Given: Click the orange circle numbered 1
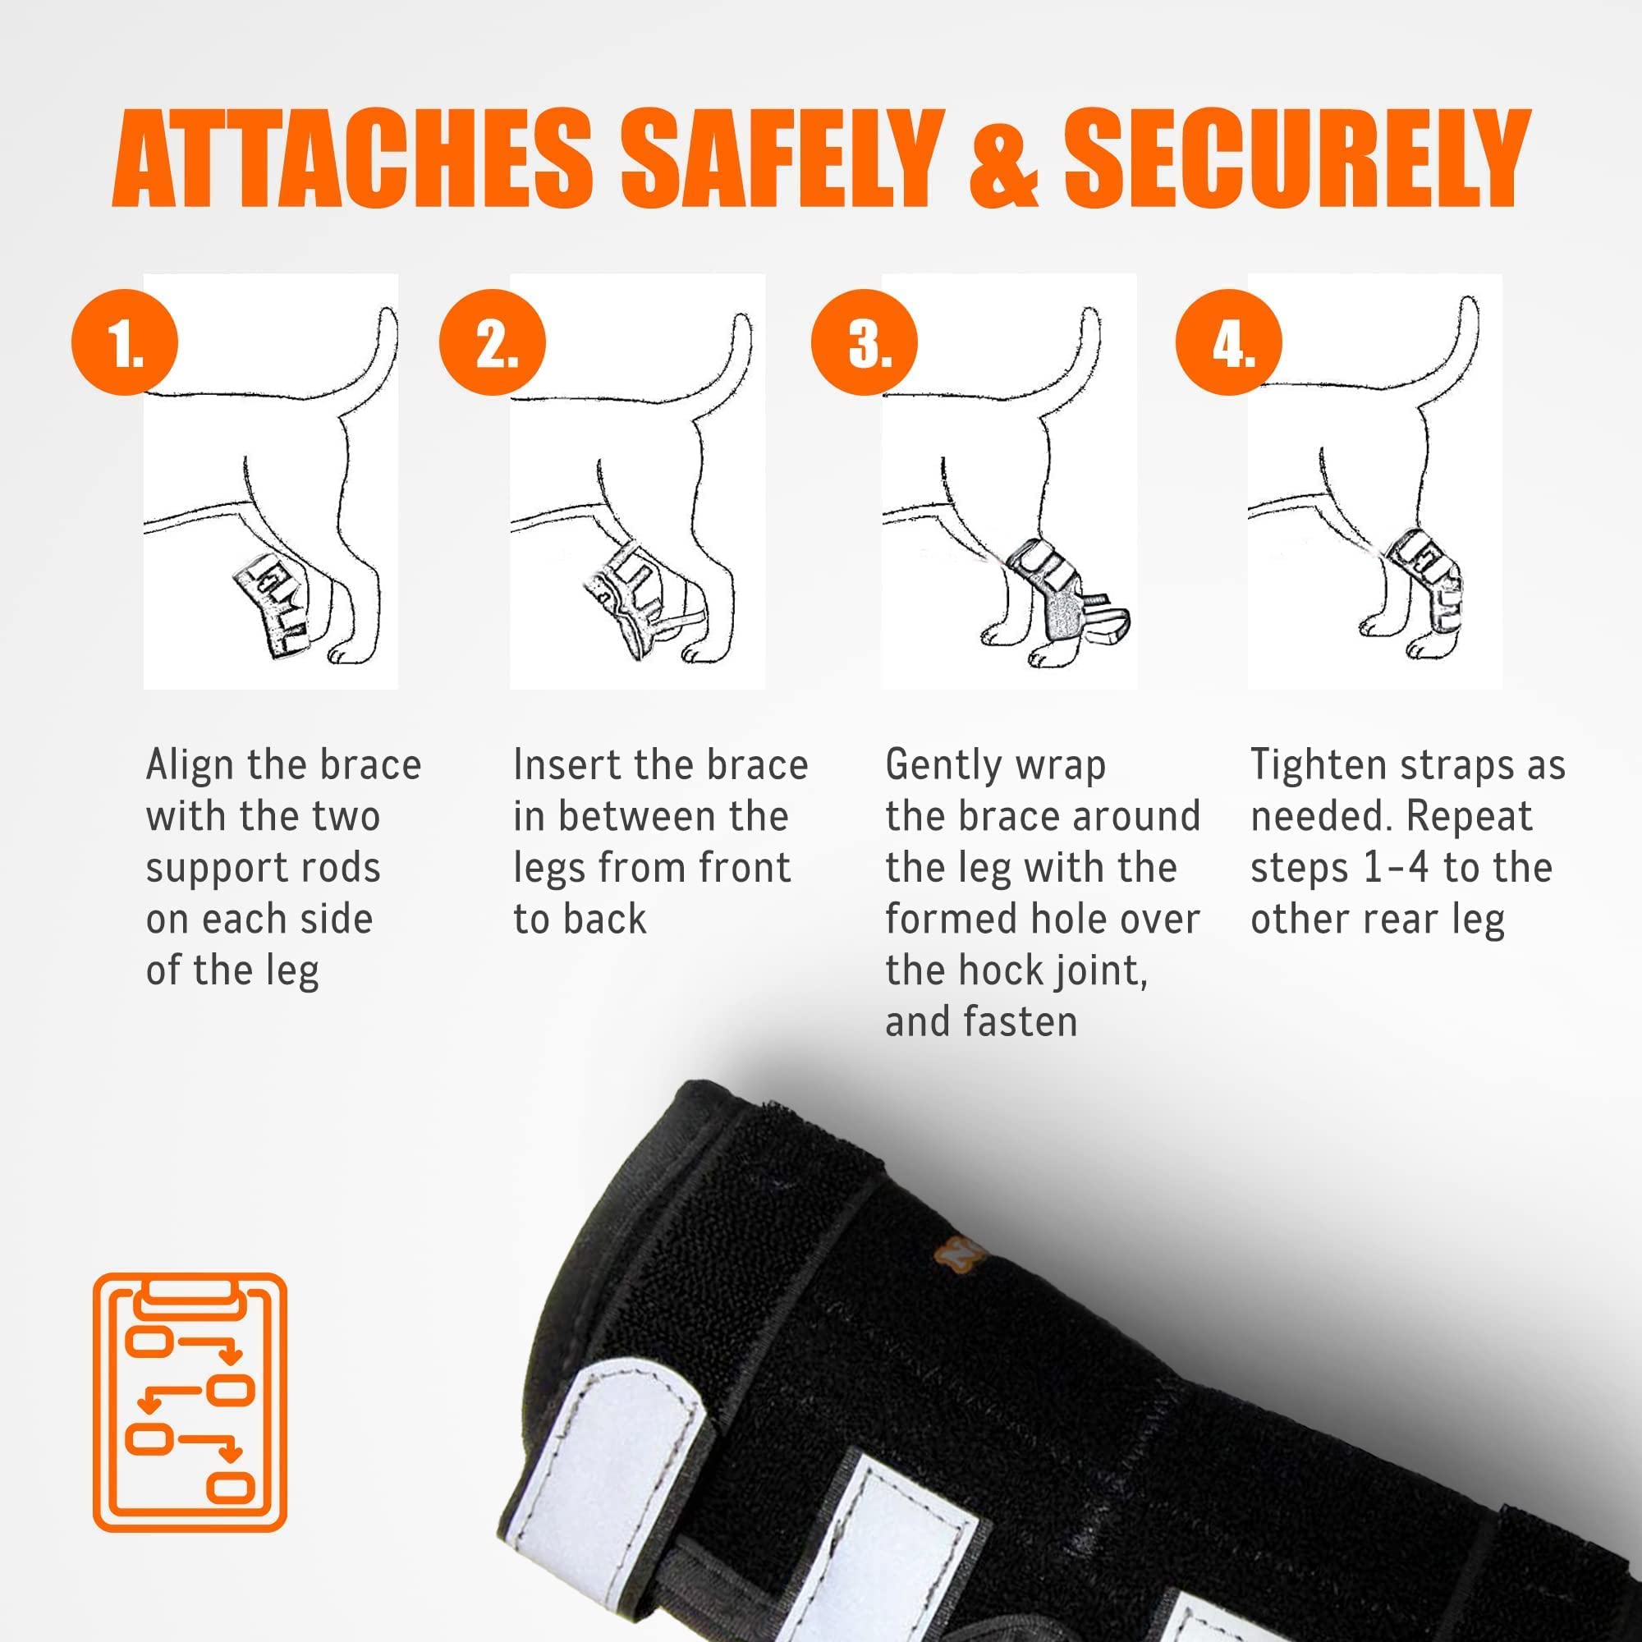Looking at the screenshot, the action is (x=125, y=342).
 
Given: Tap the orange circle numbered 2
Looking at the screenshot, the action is (x=492, y=342).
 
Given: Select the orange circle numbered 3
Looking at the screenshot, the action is (x=865, y=342).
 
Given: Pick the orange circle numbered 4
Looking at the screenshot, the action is (x=1229, y=342).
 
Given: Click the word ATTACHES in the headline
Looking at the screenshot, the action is (x=353, y=158).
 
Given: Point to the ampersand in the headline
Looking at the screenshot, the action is (x=1004, y=159).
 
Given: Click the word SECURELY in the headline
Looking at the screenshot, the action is (x=1297, y=158).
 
